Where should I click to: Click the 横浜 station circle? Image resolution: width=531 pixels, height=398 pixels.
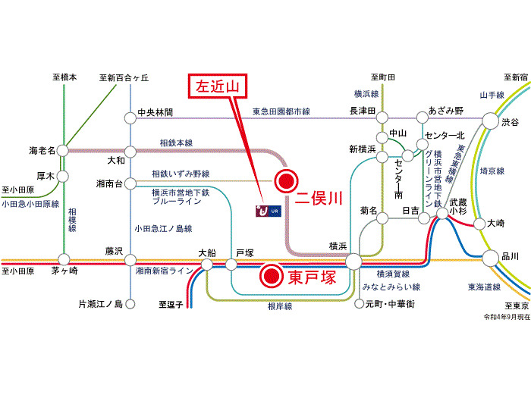(x=353, y=262)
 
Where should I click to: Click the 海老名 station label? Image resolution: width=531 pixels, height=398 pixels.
(x=42, y=150)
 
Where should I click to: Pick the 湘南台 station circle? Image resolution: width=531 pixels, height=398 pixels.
(x=130, y=181)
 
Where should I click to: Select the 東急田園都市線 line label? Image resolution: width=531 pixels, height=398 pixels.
(x=281, y=111)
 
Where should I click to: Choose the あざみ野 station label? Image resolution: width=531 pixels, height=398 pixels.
(x=446, y=111)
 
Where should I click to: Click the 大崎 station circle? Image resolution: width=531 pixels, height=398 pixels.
(x=478, y=224)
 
